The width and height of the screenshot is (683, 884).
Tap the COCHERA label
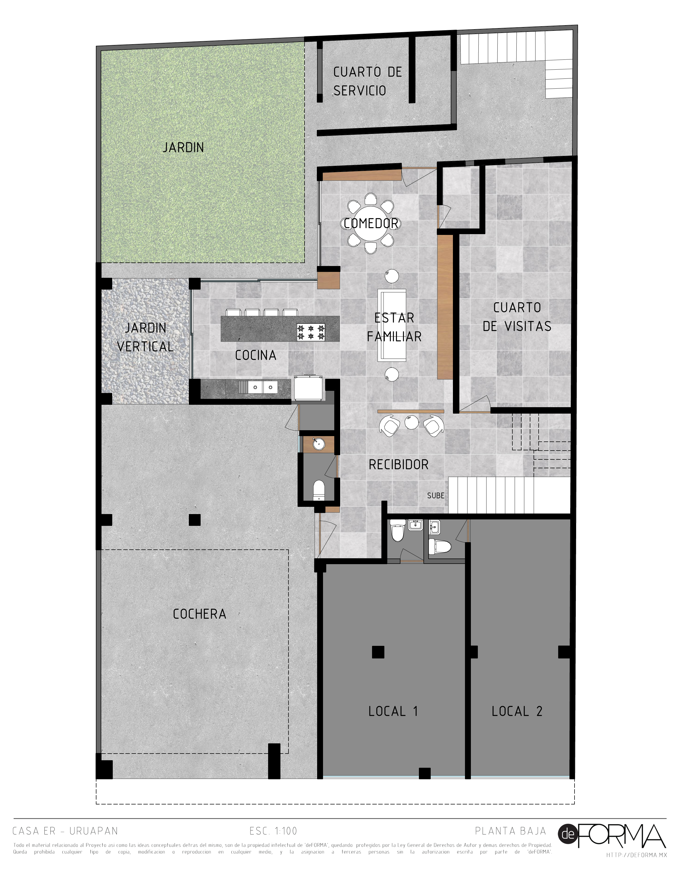[x=200, y=614]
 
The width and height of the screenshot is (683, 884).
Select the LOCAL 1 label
[x=393, y=711]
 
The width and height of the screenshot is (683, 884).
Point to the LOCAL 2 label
[x=517, y=711]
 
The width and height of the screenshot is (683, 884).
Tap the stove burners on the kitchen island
[x=311, y=332]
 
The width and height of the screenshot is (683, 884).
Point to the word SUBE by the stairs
[x=436, y=495]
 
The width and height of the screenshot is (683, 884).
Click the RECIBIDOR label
[x=399, y=465]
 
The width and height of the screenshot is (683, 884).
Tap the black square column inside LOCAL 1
[x=378, y=652]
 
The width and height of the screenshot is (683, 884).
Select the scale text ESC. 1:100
[x=273, y=831]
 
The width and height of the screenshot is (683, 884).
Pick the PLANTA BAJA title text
[x=511, y=831]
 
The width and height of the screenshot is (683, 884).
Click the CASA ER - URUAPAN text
[x=65, y=831]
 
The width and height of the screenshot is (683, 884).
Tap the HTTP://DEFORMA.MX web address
[x=636, y=855]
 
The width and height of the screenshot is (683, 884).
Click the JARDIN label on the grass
[x=183, y=147]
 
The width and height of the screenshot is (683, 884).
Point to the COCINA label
[x=256, y=355]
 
